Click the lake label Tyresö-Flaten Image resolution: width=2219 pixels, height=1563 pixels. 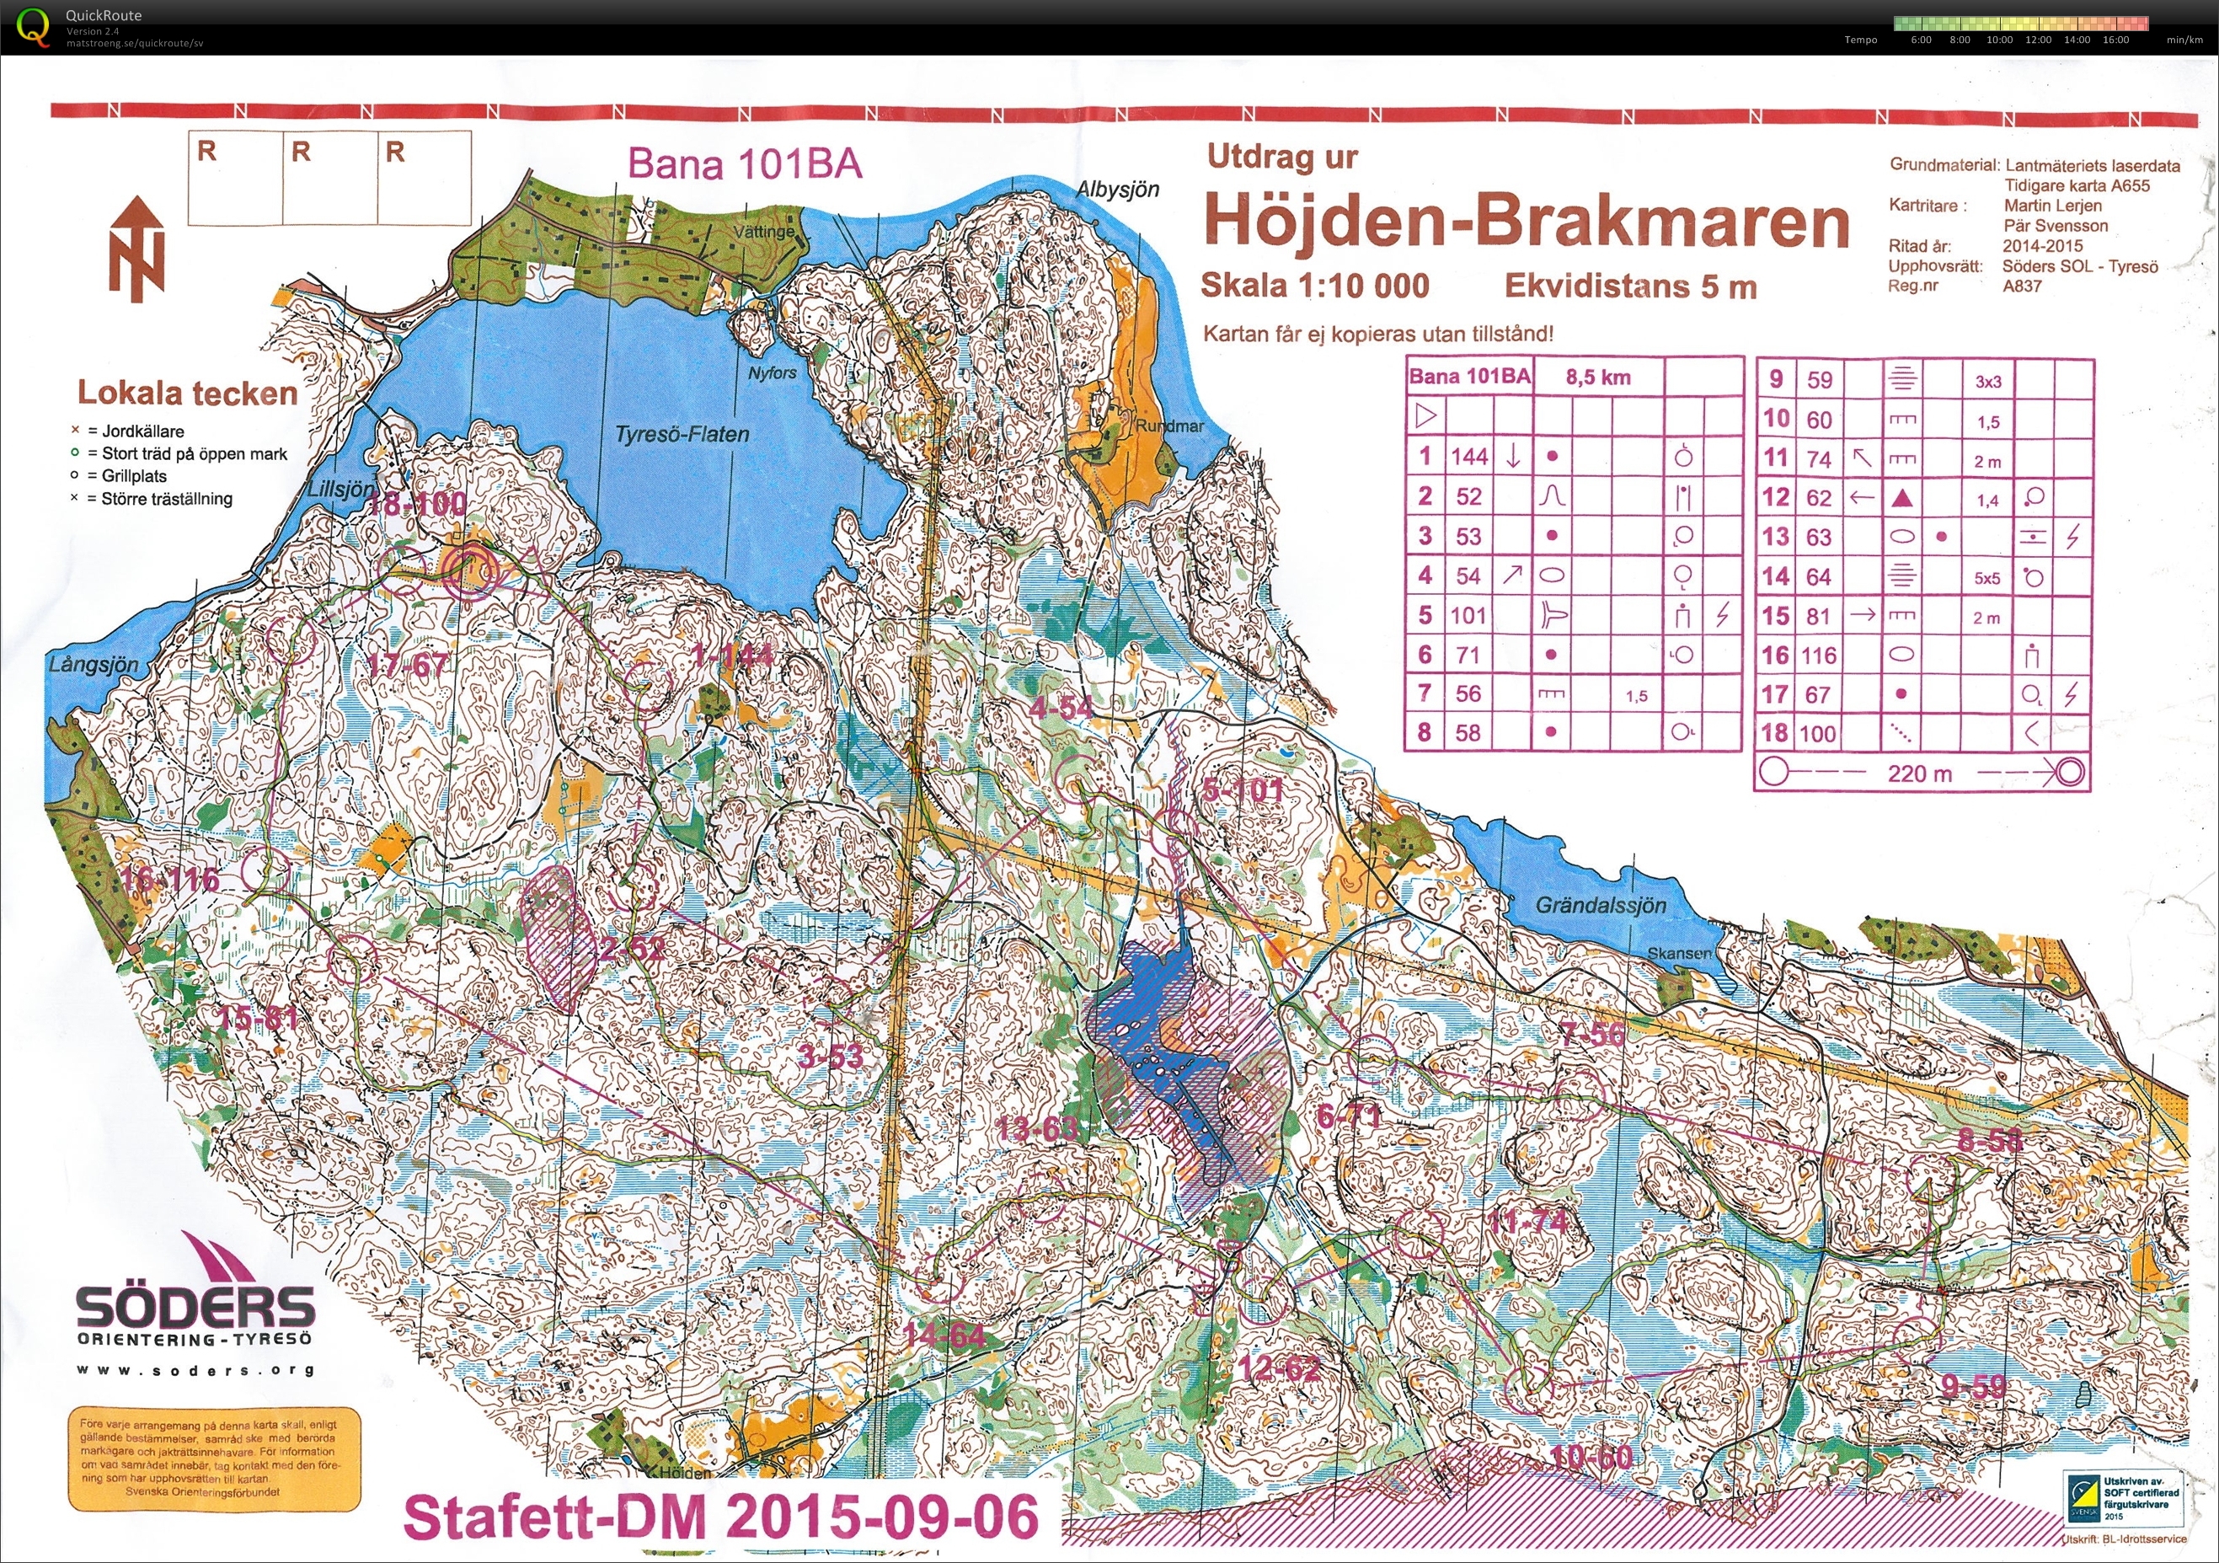point(682,435)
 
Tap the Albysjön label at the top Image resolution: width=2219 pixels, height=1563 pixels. point(1118,190)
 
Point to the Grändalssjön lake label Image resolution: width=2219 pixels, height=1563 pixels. point(1601,905)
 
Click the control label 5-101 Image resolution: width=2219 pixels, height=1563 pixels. point(1243,790)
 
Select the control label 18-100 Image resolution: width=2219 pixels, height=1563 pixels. point(418,503)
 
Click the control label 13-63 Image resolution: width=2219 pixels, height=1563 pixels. point(1036,1128)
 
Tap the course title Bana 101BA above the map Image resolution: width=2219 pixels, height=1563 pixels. point(744,163)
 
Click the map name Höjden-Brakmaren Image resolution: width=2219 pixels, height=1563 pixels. point(1525,222)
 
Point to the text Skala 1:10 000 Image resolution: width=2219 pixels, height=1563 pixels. point(1314,285)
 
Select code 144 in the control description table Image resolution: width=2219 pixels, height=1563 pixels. point(1469,456)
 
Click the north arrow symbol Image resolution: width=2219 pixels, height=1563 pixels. point(137,249)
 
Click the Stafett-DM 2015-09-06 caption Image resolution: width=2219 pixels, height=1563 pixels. point(720,1517)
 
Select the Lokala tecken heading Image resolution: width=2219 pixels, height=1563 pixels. point(188,393)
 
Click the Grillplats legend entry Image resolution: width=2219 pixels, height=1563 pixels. point(133,475)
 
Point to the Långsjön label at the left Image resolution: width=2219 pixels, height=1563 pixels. point(94,665)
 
